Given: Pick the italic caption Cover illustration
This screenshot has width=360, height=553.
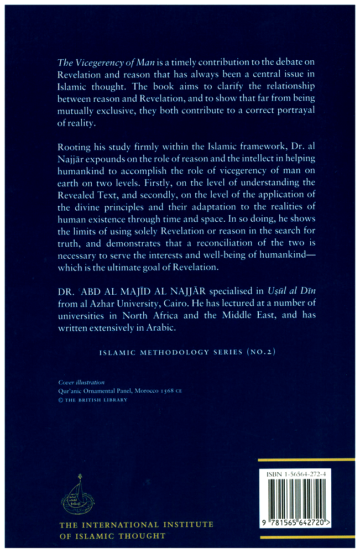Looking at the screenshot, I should pyautogui.click(x=81, y=383).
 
